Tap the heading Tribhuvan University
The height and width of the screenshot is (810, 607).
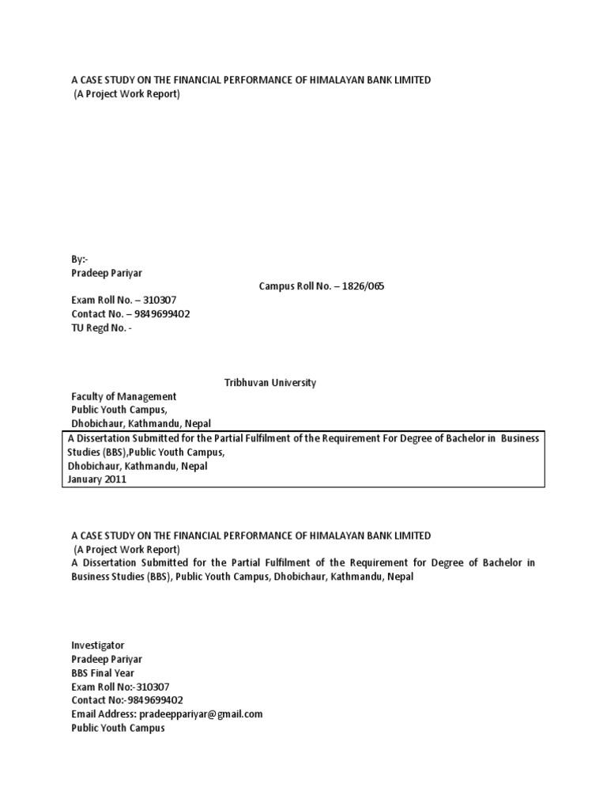tap(271, 383)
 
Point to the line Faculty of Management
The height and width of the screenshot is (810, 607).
tap(124, 396)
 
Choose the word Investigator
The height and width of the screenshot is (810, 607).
tap(98, 645)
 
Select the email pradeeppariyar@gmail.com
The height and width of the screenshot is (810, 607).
tap(209, 714)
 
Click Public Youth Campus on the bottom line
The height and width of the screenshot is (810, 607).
tap(119, 728)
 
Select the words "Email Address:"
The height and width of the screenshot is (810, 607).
tap(104, 714)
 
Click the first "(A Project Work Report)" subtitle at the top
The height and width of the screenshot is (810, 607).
tap(127, 95)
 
